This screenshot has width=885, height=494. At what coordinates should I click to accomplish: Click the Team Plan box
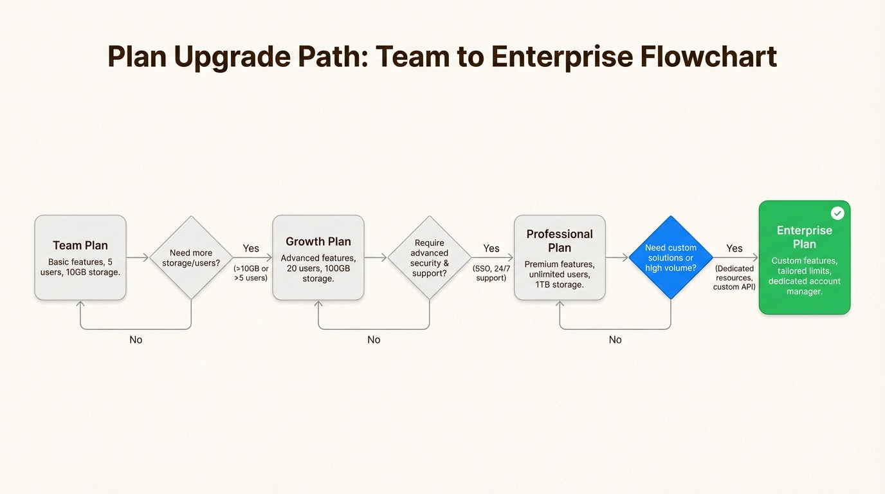pyautogui.click(x=80, y=257)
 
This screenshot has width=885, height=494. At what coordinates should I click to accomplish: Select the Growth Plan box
pyautogui.click(x=318, y=257)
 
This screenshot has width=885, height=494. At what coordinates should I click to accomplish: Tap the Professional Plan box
pyautogui.click(x=560, y=257)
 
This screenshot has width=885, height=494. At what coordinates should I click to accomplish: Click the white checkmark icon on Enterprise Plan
pyautogui.click(x=837, y=213)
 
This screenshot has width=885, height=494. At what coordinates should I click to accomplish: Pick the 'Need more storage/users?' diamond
pyautogui.click(x=191, y=257)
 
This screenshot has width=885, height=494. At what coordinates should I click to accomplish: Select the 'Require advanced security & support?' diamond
pyautogui.click(x=429, y=257)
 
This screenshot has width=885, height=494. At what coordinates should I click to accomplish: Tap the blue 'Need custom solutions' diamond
pyautogui.click(x=671, y=257)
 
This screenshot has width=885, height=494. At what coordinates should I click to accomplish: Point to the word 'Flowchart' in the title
pyautogui.click(x=708, y=57)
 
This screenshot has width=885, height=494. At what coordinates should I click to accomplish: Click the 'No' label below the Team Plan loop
pyautogui.click(x=136, y=340)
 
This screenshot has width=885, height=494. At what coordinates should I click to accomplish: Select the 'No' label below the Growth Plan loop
pyautogui.click(x=374, y=340)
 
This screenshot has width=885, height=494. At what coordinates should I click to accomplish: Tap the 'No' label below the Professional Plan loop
pyautogui.click(x=616, y=340)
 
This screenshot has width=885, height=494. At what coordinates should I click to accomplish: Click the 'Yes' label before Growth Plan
pyautogui.click(x=251, y=248)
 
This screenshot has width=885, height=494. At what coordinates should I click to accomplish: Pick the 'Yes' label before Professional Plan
pyautogui.click(x=491, y=248)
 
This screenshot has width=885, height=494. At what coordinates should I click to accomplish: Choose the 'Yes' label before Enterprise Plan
pyautogui.click(x=734, y=248)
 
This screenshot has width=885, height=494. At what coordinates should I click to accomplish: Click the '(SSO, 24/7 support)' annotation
pyautogui.click(x=491, y=273)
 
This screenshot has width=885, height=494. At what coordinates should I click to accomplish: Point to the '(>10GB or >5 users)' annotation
pyautogui.click(x=251, y=273)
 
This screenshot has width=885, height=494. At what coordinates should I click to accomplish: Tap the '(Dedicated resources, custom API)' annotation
pyautogui.click(x=734, y=277)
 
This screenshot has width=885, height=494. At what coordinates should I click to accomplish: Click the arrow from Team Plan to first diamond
pyautogui.click(x=138, y=257)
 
